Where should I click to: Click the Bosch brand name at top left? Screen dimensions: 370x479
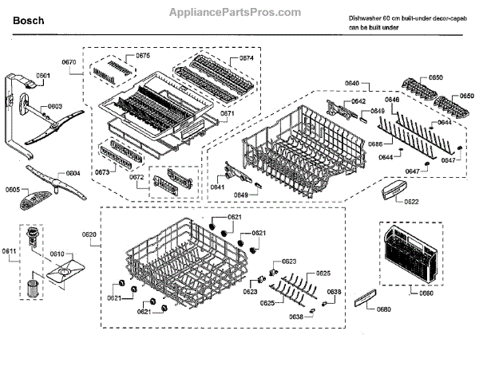click(x=29, y=21)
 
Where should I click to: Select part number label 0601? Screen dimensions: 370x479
click(x=42, y=76)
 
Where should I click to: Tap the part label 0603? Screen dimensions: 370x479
click(x=55, y=106)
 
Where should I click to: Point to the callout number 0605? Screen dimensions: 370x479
click(x=13, y=189)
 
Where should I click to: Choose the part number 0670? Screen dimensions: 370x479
click(x=69, y=62)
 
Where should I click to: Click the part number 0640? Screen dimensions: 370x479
click(x=352, y=84)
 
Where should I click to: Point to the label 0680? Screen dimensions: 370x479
click(x=384, y=309)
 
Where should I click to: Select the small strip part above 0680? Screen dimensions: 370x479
click(x=364, y=297)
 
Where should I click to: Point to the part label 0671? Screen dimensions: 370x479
click(x=227, y=114)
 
